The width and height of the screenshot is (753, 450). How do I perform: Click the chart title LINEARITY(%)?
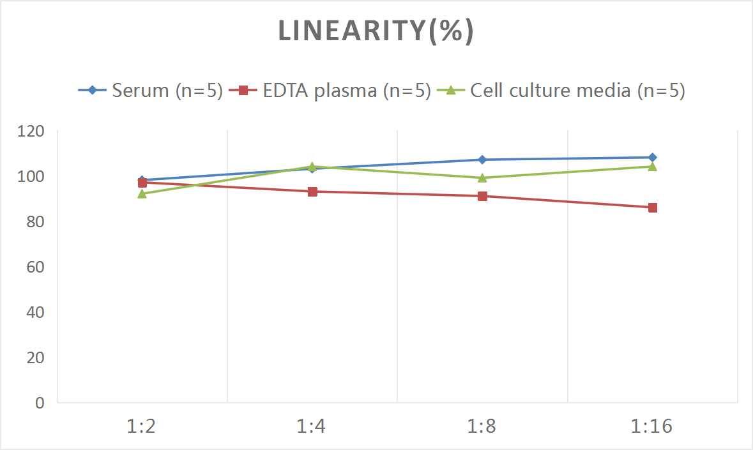(376, 31)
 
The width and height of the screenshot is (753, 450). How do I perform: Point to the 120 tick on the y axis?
(31, 131)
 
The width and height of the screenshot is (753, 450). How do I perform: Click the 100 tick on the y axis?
(31, 177)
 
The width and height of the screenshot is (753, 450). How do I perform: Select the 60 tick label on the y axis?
(35, 267)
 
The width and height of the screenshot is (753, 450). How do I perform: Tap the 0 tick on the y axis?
(40, 403)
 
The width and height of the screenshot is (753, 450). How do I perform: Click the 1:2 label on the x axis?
(142, 426)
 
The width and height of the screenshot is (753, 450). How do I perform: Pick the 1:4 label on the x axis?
(312, 426)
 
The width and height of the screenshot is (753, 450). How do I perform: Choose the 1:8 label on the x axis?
(482, 426)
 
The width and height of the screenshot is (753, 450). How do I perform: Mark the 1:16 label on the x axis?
(652, 426)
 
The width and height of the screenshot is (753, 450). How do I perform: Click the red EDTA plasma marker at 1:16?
(653, 207)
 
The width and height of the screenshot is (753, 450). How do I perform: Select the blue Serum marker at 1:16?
(653, 157)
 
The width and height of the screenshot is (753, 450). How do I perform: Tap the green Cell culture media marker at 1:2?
(142, 193)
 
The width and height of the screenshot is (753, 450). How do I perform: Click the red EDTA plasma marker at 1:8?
(482, 196)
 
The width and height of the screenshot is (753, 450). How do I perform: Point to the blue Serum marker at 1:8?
(482, 160)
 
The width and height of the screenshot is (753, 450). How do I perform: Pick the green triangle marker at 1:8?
(482, 177)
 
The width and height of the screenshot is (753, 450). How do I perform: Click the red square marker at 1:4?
(312, 191)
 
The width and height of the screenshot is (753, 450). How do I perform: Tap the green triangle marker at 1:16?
(653, 166)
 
